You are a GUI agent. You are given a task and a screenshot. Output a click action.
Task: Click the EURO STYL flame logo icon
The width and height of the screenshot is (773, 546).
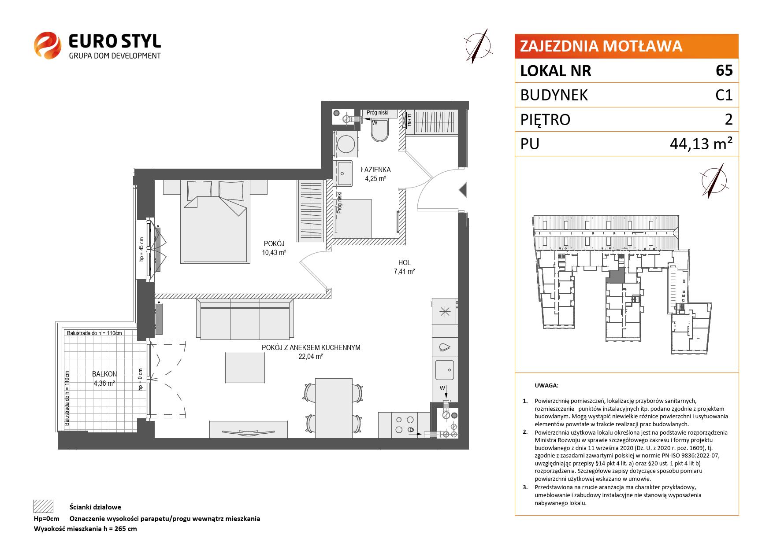click(x=47, y=44)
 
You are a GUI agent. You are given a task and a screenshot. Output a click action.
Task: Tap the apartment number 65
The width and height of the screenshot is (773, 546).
click(x=724, y=70)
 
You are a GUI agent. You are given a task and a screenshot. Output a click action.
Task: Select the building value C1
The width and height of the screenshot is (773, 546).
click(x=724, y=95)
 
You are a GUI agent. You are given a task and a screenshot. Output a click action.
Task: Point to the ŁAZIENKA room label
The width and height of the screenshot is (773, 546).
click(x=375, y=170)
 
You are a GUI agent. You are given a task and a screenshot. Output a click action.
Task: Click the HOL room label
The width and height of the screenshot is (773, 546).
click(x=404, y=263)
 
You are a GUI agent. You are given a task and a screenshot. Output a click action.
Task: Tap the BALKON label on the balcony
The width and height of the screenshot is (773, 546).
click(x=104, y=374)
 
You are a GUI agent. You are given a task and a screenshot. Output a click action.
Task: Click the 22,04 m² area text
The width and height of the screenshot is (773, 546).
click(x=311, y=357)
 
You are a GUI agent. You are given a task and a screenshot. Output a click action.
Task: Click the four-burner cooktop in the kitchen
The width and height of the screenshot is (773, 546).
click(x=405, y=425)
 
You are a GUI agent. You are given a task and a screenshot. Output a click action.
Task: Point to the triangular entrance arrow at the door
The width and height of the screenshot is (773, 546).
click(x=462, y=190)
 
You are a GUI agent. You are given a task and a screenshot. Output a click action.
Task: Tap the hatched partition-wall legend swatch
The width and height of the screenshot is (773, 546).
click(x=43, y=506)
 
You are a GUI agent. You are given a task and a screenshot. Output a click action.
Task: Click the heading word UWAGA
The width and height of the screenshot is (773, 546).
click(x=546, y=385)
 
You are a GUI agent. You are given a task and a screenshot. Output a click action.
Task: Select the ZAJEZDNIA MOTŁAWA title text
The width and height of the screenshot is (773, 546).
click(x=601, y=46)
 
